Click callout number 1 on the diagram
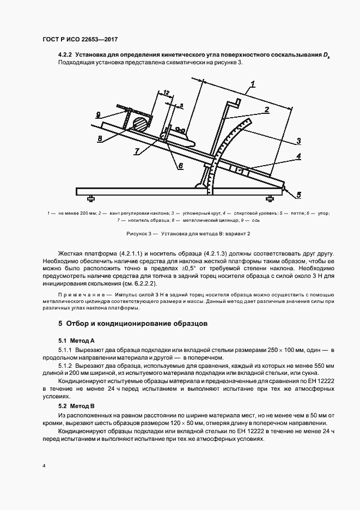254,84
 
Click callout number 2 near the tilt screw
267,110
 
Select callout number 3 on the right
299,141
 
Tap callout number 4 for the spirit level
299,156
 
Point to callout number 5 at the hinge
298,194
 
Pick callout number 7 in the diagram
137,150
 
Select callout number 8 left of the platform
100,138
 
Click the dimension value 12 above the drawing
166,93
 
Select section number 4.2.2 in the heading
65,55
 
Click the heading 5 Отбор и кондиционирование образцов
132,323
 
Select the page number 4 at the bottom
44,466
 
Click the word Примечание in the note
77,294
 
